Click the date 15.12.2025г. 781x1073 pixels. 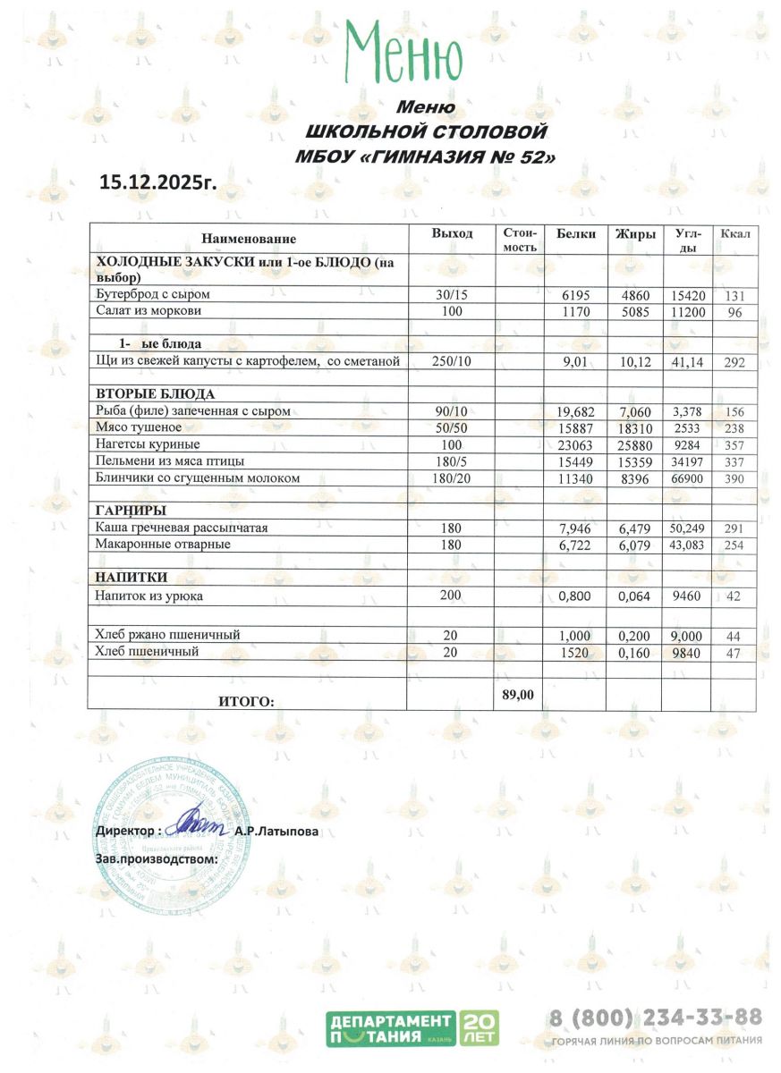point(158,182)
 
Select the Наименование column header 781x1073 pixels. point(249,239)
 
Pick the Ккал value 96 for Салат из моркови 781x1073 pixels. point(735,312)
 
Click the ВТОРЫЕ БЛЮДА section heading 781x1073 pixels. point(155,393)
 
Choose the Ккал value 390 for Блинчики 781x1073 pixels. point(735,479)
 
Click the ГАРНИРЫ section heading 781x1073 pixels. point(130,511)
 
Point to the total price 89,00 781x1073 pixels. point(519,693)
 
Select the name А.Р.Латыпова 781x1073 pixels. point(276,832)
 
